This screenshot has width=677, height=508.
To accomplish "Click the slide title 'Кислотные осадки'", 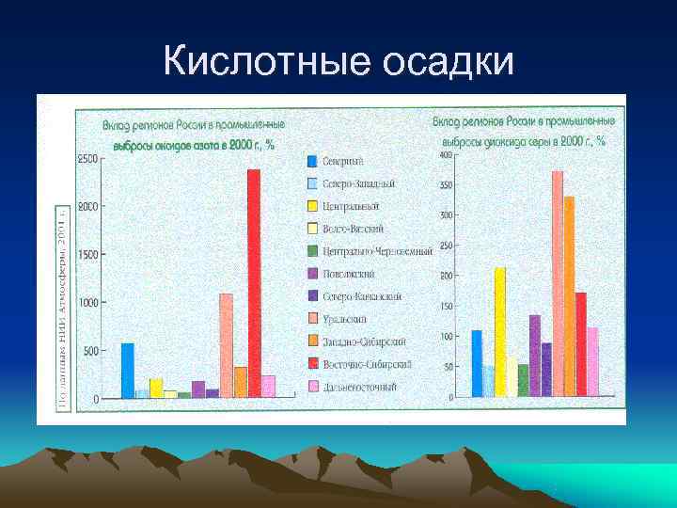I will [x=338, y=62].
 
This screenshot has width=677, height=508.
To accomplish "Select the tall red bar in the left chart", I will [x=254, y=282].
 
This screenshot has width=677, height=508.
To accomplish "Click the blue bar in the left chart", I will [x=128, y=371].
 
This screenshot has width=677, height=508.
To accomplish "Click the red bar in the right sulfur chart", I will [x=581, y=343].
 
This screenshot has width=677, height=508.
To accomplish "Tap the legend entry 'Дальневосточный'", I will [x=358, y=387].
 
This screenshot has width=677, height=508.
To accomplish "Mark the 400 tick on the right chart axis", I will [x=446, y=154].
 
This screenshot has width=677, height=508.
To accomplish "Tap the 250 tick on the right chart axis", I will [x=446, y=246].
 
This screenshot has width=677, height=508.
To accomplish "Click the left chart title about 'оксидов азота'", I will [x=194, y=134].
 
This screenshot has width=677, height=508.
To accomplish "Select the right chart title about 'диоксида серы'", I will [x=525, y=131].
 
